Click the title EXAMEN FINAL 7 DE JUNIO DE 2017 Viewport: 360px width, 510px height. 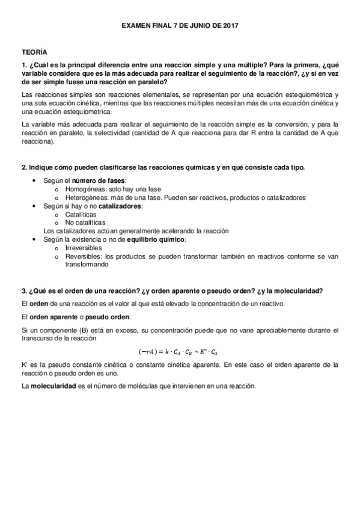(180, 26)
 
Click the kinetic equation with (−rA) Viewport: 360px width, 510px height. (180, 351)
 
